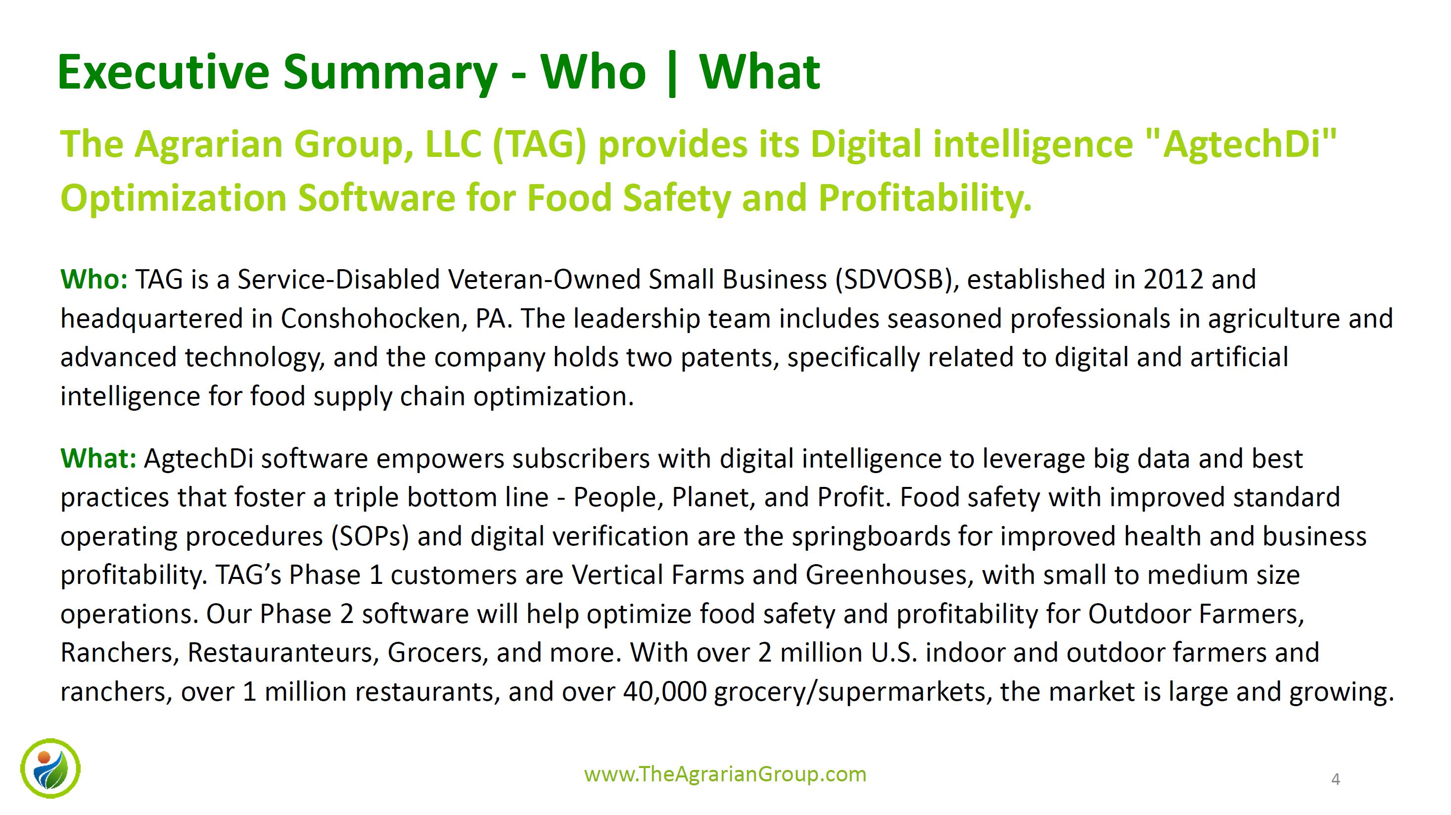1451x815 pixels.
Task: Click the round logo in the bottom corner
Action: [50, 768]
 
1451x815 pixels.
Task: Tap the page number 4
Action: [1335, 779]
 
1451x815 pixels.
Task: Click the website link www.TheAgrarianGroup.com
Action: [725, 774]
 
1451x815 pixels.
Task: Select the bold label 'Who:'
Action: [94, 280]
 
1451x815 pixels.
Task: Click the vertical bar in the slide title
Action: [671, 73]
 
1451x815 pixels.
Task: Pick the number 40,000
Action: [665, 692]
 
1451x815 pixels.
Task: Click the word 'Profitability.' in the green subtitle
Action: [925, 199]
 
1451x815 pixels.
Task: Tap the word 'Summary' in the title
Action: [390, 73]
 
